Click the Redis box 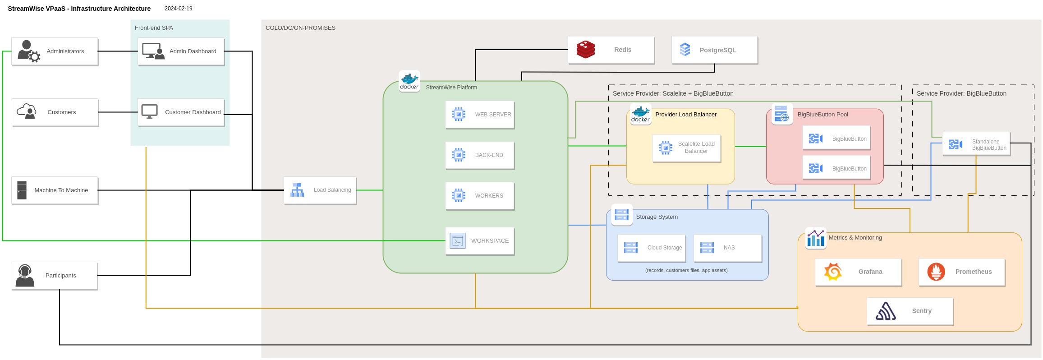(611, 50)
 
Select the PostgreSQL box (715, 50)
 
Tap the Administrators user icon (28, 51)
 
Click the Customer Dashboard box (181, 112)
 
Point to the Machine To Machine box (55, 190)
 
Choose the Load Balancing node (320, 190)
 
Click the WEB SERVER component (480, 115)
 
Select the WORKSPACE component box (480, 241)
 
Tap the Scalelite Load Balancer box (686, 148)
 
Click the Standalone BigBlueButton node (976, 144)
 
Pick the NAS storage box (728, 248)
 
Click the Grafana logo (833, 272)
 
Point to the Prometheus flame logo (936, 272)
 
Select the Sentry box (910, 311)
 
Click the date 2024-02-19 (179, 9)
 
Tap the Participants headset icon (25, 276)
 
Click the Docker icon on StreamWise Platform (409, 81)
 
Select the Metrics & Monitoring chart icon (816, 238)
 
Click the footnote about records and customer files (686, 271)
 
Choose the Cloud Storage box (652, 248)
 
